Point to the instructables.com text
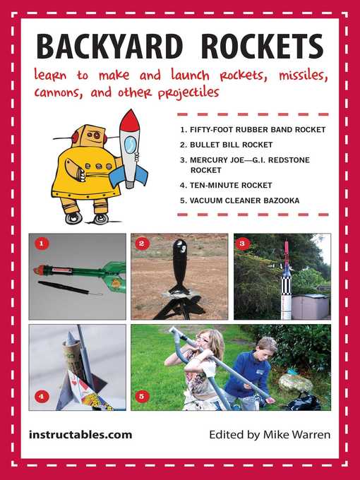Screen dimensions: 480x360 tap(80, 435)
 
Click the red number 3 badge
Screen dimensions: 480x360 tap(244, 244)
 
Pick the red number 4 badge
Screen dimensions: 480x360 tap(41, 397)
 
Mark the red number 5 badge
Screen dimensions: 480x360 tap(143, 397)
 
